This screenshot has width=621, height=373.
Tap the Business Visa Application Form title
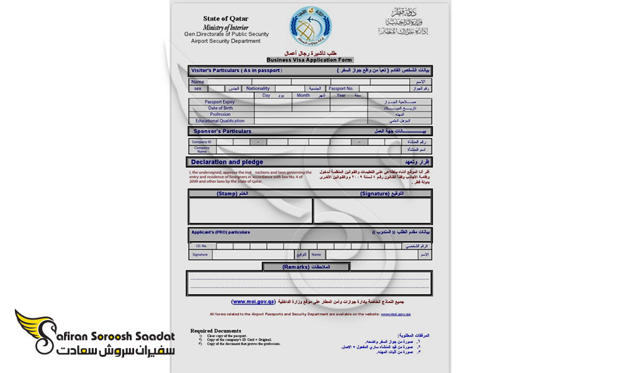(x=309, y=60)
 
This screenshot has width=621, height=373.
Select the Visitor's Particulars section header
(x=237, y=71)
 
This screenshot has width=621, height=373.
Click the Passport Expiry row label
(x=220, y=102)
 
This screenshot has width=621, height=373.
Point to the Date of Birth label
(x=220, y=108)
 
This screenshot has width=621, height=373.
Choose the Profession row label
(x=220, y=114)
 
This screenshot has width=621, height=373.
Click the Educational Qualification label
(x=220, y=121)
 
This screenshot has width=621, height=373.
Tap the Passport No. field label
(x=341, y=89)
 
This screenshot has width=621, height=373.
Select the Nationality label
(x=258, y=89)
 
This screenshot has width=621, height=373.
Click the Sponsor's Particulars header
(x=222, y=132)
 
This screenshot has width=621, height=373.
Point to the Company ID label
(x=202, y=142)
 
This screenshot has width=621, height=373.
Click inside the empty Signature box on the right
(x=373, y=211)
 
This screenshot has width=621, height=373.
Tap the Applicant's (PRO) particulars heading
(x=220, y=232)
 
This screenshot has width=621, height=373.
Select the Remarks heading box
(x=306, y=267)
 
